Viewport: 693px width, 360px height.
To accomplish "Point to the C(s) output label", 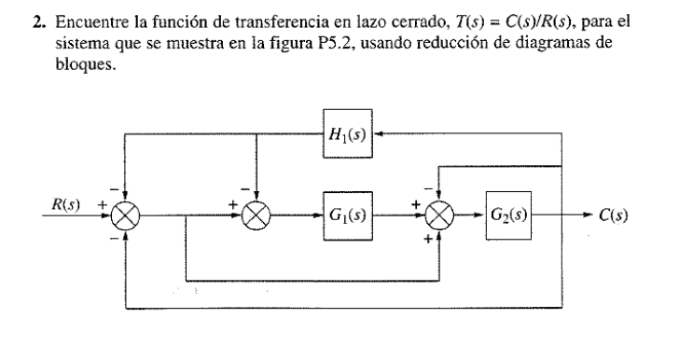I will click(x=612, y=215).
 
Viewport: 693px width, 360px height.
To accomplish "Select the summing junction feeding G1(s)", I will click(x=255, y=215).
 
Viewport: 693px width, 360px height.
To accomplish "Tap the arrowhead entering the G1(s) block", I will click(x=318, y=215).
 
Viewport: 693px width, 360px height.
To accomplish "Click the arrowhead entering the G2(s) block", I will click(x=480, y=215).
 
